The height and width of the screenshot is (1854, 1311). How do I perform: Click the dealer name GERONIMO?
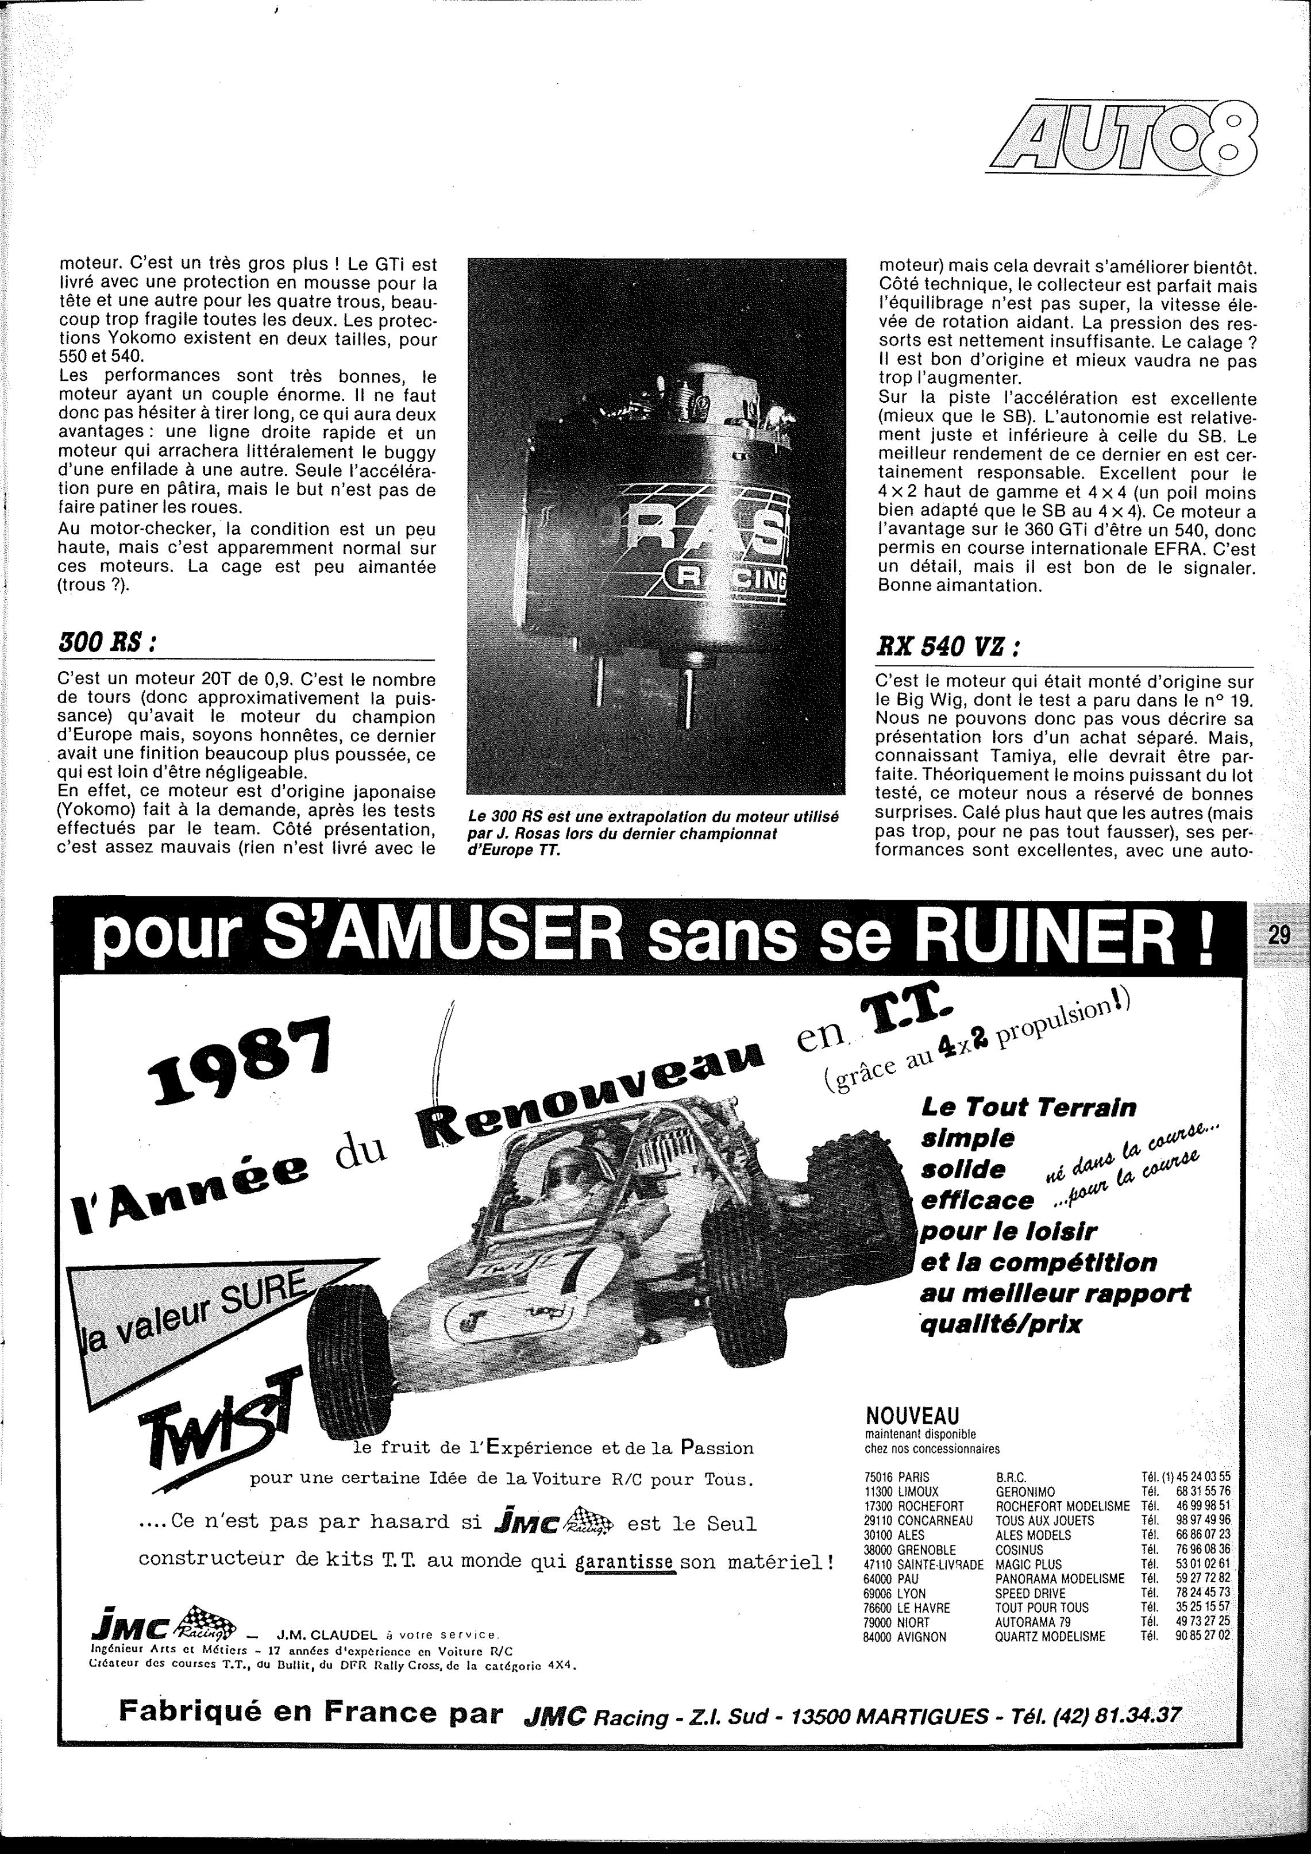coord(1025,1491)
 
